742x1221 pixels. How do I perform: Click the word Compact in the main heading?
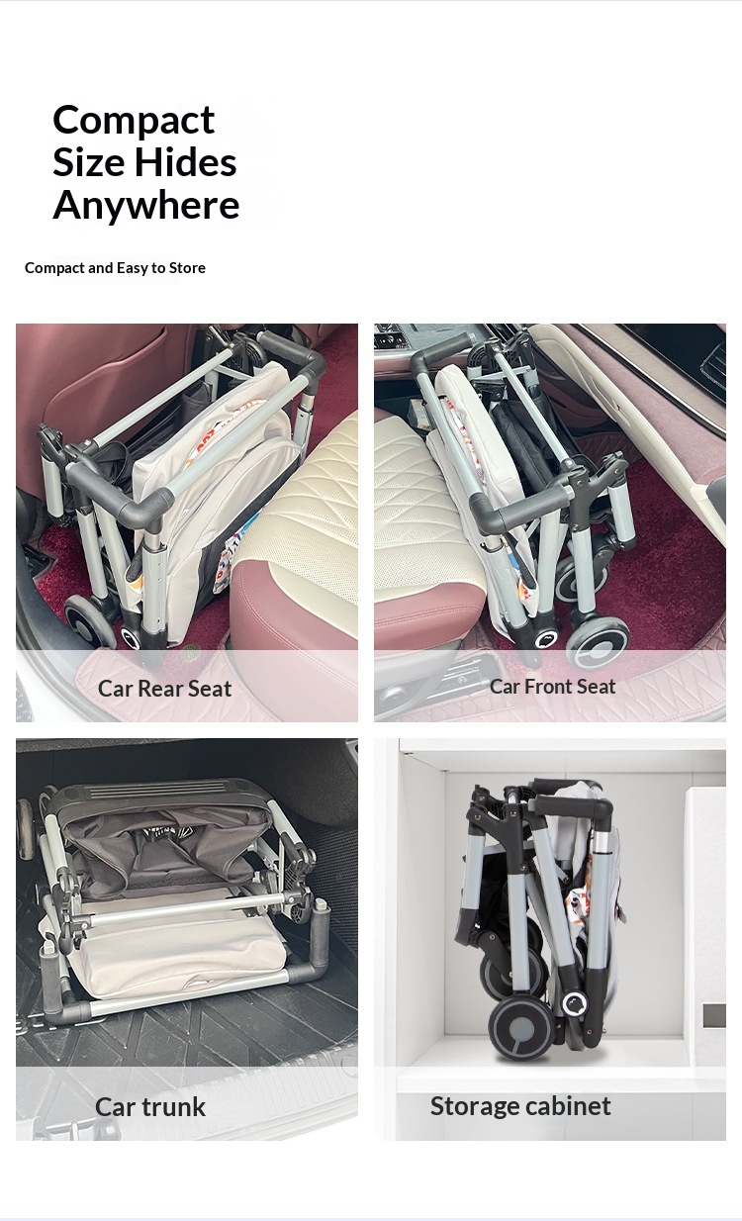point(134,121)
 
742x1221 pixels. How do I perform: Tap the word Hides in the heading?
point(185,162)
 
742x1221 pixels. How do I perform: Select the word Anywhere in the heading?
point(146,206)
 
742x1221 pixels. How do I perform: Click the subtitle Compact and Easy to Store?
point(115,267)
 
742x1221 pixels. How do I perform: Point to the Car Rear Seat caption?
point(164,689)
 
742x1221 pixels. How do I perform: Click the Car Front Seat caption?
point(552,687)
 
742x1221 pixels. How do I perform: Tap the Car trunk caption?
point(150,1106)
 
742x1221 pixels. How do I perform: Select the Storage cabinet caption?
point(520,1105)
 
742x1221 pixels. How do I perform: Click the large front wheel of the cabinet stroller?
point(521,1029)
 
